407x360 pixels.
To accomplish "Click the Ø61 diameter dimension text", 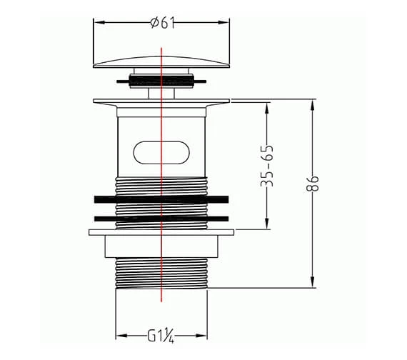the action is coord(163,23).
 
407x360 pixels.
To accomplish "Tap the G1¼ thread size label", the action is coord(161,336).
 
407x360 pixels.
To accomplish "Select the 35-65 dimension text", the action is coord(267,166).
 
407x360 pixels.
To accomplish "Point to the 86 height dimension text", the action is coord(312,184).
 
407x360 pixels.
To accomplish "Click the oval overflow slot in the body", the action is coord(161,152).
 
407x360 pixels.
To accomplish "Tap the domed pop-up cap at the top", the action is coord(161,62).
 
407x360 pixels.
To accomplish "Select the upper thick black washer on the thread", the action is coord(161,199).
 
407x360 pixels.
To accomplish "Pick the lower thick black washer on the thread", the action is coord(161,219).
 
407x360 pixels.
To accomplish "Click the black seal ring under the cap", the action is coord(161,81).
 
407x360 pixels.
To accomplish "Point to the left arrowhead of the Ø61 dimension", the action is coord(99,23).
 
